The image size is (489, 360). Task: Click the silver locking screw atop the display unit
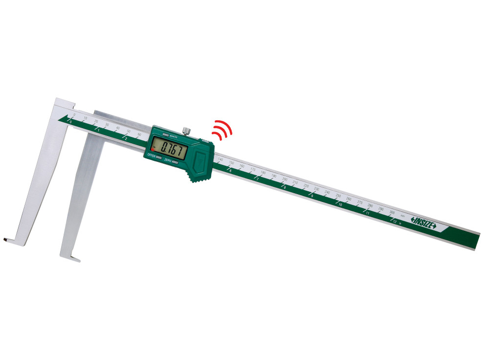(x=186, y=131)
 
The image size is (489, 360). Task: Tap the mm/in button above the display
(x=167, y=134)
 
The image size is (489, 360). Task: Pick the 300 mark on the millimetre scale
(x=392, y=212)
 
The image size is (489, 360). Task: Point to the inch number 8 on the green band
(x=284, y=187)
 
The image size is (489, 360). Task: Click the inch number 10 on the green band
(x=340, y=204)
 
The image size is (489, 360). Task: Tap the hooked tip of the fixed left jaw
(x=6, y=239)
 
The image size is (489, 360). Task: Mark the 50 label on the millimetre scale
(x=129, y=132)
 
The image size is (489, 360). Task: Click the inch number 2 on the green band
(x=126, y=139)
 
